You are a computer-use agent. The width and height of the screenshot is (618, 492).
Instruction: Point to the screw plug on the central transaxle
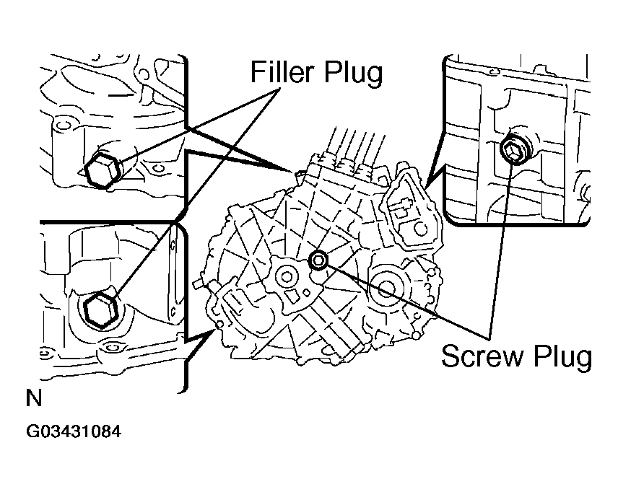pos(318,260)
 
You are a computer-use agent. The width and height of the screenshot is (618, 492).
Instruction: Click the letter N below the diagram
pos(34,400)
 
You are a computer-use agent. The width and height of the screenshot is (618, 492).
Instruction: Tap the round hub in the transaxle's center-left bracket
pos(285,276)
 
